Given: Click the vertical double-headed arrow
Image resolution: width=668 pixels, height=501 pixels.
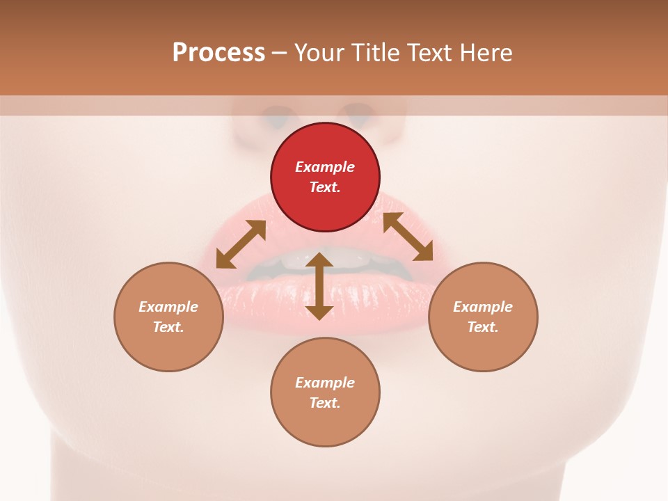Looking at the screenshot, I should click(319, 286).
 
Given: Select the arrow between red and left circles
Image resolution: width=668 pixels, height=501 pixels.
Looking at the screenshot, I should click(241, 244).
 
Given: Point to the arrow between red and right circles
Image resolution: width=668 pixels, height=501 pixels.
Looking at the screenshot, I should click(408, 237).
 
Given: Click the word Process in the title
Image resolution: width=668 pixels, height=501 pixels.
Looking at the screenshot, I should click(218, 52).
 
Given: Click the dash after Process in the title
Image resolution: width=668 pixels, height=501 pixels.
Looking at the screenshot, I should click(279, 53).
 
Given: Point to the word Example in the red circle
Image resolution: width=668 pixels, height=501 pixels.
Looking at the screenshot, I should click(325, 167).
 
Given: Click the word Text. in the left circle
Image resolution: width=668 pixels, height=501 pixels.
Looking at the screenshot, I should click(168, 327).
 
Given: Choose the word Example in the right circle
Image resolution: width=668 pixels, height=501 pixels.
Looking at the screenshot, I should click(483, 307).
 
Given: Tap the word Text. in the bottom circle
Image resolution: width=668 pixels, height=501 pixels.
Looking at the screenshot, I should click(325, 403).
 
